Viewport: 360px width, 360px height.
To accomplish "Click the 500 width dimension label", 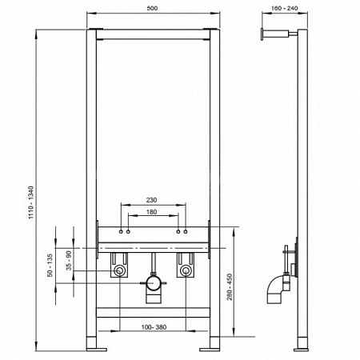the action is click(x=152, y=8).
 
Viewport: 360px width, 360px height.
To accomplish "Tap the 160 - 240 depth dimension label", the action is click(x=284, y=8).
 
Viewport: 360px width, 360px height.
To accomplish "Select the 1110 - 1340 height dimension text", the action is click(x=31, y=202).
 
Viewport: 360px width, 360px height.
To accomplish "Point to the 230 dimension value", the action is click(x=151, y=200).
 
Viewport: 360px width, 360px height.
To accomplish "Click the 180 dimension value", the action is click(x=151, y=212).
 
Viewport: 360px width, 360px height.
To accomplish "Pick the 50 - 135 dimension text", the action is click(x=50, y=266).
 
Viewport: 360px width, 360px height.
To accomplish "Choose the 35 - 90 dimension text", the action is click(x=69, y=261).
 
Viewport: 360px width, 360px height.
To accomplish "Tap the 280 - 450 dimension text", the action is click(x=230, y=286).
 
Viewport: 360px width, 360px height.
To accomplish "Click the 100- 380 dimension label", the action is click(x=154, y=327).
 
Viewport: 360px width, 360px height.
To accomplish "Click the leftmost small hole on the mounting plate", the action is click(x=121, y=232).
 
